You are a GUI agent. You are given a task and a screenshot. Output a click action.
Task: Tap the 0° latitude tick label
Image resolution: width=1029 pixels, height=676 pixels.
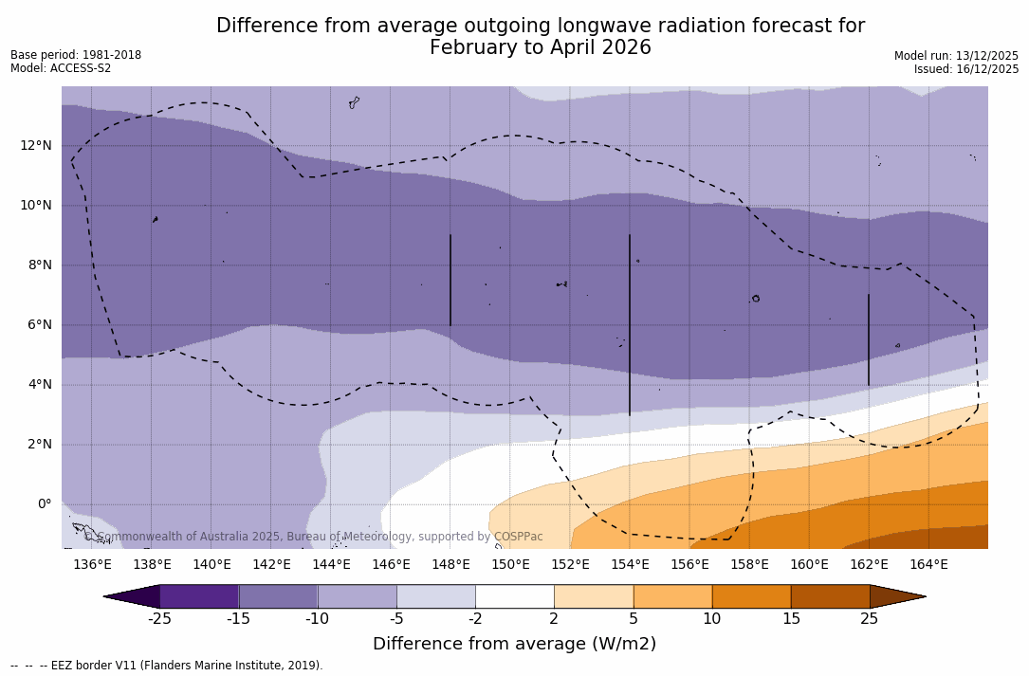(x=44, y=504)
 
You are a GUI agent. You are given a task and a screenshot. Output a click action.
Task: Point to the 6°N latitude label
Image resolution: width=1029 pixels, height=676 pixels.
(x=36, y=325)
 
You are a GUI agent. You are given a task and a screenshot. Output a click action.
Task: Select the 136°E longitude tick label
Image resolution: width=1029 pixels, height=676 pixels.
(x=92, y=565)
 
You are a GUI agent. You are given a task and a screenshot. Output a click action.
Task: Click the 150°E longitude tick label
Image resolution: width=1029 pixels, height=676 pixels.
(x=510, y=565)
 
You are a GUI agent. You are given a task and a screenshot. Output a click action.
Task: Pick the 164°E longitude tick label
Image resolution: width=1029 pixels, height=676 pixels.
(x=928, y=565)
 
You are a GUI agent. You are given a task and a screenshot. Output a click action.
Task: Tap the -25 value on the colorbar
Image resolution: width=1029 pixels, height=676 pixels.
(x=159, y=619)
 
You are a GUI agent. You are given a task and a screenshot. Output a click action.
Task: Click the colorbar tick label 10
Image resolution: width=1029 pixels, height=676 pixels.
(x=711, y=619)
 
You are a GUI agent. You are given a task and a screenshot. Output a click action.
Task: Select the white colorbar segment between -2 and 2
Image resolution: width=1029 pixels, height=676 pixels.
(x=514, y=596)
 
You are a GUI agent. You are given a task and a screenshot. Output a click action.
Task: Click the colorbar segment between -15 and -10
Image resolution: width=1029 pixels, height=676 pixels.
(x=278, y=596)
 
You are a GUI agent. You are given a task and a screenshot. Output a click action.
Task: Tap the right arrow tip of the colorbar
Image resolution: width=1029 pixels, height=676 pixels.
(x=924, y=596)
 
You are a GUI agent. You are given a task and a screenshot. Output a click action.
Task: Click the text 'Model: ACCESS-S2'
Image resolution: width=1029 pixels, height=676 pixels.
(x=61, y=68)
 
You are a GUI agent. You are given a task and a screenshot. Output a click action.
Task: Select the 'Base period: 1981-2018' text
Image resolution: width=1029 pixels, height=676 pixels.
(x=76, y=55)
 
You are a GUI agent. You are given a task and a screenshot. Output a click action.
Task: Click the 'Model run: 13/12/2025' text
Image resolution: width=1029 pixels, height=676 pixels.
(x=956, y=56)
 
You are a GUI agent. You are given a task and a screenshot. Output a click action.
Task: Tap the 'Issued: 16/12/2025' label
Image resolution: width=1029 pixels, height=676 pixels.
(x=966, y=69)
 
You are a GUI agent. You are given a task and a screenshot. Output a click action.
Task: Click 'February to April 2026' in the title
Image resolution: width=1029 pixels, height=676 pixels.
(x=541, y=48)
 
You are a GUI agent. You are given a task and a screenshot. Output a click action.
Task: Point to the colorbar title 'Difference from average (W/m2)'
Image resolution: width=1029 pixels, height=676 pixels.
(x=514, y=645)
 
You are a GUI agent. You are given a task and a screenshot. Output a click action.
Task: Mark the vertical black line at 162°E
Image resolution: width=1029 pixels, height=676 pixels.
(x=868, y=339)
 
